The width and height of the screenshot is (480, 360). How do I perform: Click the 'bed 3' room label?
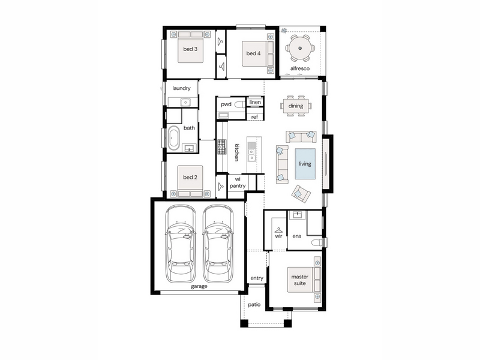[x=190, y=49]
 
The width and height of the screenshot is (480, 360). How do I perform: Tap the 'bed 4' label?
[x=253, y=53]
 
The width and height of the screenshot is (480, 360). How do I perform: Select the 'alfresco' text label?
[x=299, y=68]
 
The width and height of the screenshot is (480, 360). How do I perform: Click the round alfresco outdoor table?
[x=300, y=48]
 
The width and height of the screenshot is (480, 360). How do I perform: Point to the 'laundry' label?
[x=181, y=88]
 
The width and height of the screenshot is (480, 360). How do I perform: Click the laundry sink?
[x=185, y=102]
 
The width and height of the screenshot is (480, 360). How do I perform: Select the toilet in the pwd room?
[x=239, y=104]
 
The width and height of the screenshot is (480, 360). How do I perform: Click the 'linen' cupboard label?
[x=255, y=102]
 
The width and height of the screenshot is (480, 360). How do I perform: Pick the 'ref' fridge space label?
[x=254, y=116]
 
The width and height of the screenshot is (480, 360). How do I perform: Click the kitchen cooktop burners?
[x=221, y=147]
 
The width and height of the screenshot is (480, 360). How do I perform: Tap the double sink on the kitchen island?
[x=251, y=155]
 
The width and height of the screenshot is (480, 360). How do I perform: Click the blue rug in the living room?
[x=305, y=164]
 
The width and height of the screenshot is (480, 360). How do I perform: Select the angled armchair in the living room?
[x=301, y=193]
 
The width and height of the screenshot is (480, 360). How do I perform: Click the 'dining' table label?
[x=296, y=106]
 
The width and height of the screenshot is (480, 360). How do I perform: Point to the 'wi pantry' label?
[x=238, y=182]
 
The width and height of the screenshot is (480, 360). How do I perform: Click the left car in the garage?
[x=181, y=244]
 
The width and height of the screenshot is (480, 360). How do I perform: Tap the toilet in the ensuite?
[x=317, y=243]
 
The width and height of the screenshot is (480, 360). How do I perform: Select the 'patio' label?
[x=254, y=305]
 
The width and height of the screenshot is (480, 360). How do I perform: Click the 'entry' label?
[x=257, y=278]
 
